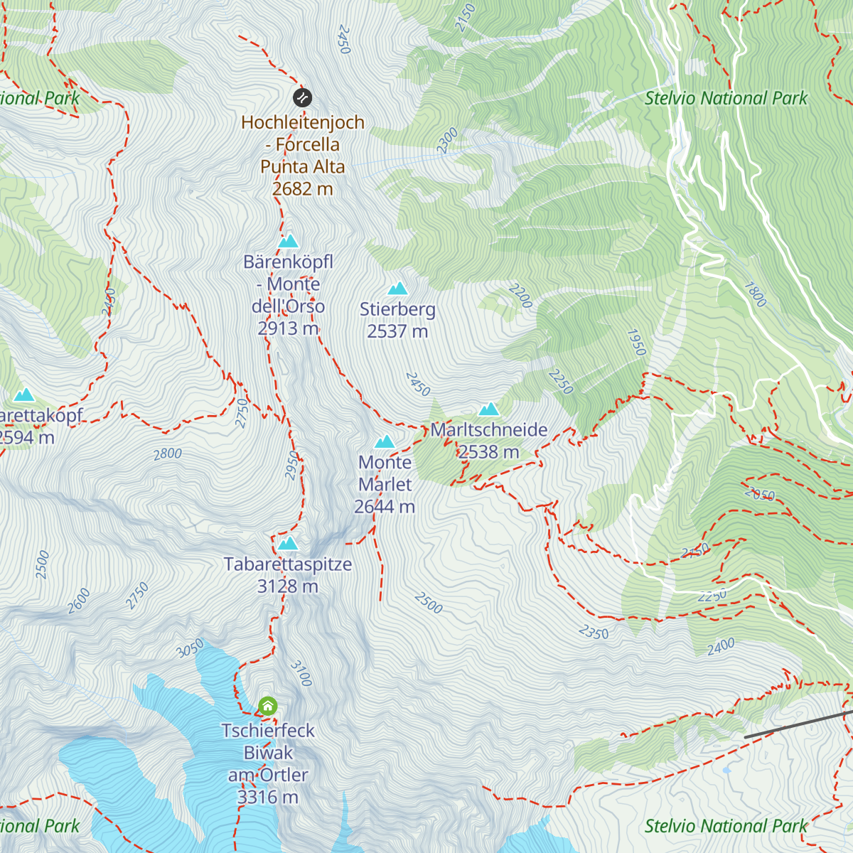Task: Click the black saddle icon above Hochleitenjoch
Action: click(302, 97)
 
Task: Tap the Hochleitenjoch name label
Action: click(303, 122)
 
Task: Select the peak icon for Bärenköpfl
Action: click(288, 241)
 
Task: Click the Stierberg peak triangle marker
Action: click(397, 288)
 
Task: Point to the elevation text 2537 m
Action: click(397, 331)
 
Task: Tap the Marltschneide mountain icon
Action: click(488, 409)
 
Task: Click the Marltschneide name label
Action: click(489, 429)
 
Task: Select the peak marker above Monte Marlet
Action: click(385, 441)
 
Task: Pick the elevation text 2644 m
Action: click(385, 507)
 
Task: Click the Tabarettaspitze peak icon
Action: click(288, 544)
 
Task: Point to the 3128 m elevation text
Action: click(288, 586)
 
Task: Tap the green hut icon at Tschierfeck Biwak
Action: click(268, 706)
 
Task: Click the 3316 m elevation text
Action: click(267, 798)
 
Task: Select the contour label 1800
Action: click(756, 294)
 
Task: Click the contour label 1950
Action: click(636, 343)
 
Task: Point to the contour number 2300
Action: click(447, 141)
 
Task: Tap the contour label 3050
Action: click(190, 648)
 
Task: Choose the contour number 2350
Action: click(594, 632)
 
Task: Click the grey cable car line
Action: click(796, 724)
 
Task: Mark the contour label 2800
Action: click(168, 454)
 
